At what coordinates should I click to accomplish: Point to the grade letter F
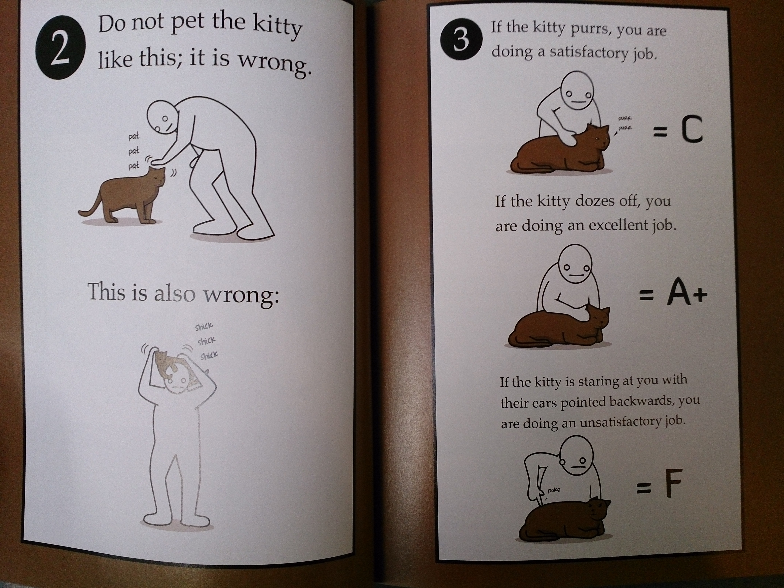669,484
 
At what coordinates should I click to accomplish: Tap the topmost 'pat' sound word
134,136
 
